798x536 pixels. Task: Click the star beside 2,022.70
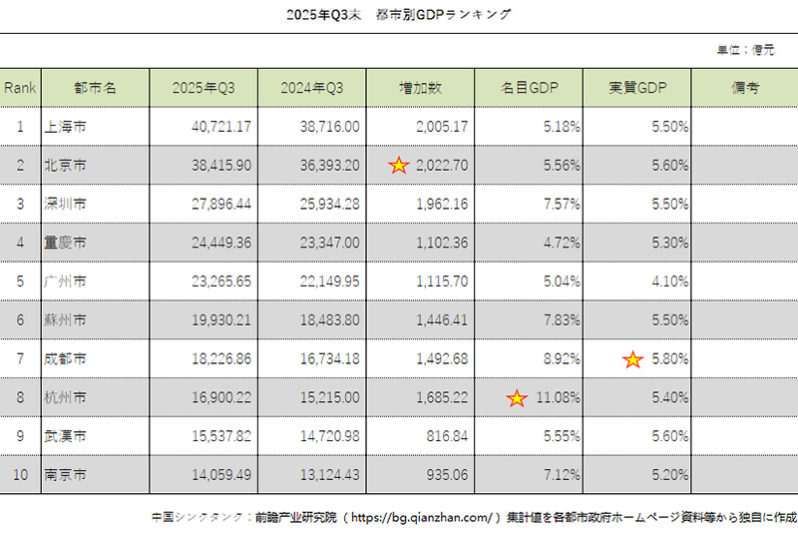pyautogui.click(x=399, y=166)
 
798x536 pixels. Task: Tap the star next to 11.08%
pyautogui.click(x=517, y=398)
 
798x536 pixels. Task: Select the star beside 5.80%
pyautogui.click(x=632, y=359)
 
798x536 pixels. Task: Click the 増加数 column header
pyautogui.click(x=420, y=88)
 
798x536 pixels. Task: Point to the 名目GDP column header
pyautogui.click(x=529, y=88)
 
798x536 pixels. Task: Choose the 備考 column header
pyautogui.click(x=744, y=88)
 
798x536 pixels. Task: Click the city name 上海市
pyautogui.click(x=65, y=127)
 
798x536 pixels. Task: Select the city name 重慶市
pyautogui.click(x=65, y=243)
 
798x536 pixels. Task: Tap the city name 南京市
pyautogui.click(x=65, y=475)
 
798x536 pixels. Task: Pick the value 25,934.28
pyautogui.click(x=329, y=205)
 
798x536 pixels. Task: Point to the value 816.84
pyautogui.click(x=443, y=437)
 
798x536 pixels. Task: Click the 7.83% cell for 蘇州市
pyautogui.click(x=561, y=320)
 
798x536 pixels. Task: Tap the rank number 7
pyautogui.click(x=20, y=359)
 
